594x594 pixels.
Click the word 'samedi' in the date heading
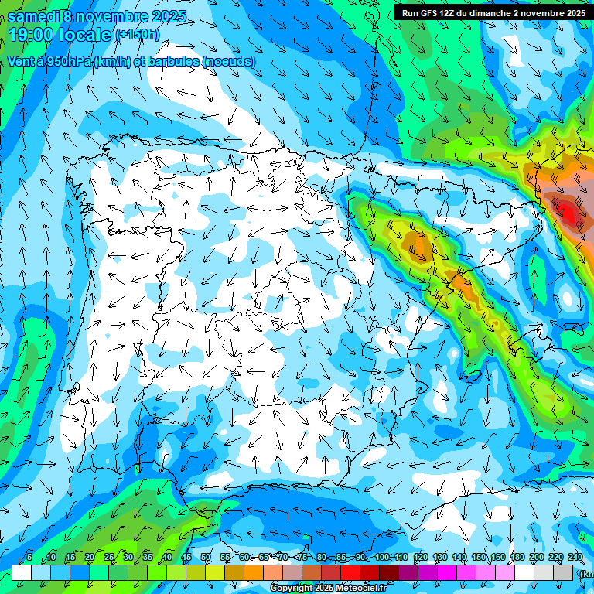click(x=33, y=15)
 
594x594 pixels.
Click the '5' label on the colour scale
click(x=29, y=557)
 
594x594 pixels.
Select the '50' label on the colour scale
click(x=206, y=557)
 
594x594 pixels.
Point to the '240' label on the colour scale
click(x=575, y=557)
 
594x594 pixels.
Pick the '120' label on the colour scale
click(x=421, y=557)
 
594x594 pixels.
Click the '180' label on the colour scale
click(x=517, y=557)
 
